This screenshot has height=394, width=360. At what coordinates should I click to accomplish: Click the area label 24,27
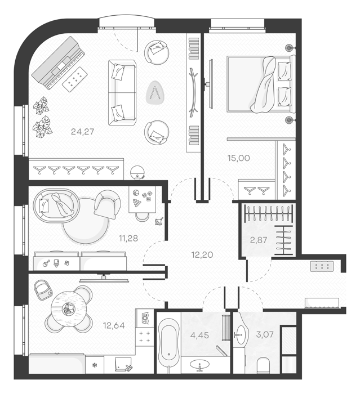click(82, 131)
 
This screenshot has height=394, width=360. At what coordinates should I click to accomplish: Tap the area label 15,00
click(238, 158)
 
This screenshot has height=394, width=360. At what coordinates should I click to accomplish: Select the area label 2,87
click(259, 240)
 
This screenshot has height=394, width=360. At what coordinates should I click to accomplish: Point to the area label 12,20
click(202, 255)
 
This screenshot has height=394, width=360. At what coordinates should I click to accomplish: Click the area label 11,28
click(128, 238)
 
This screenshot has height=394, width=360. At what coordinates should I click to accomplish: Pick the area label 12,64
click(114, 325)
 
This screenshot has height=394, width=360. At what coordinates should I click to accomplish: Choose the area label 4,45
click(199, 335)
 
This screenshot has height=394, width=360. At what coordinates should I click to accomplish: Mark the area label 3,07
click(265, 334)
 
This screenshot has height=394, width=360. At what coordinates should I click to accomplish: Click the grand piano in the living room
click(59, 63)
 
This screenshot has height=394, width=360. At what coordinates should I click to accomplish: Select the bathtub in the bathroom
click(168, 341)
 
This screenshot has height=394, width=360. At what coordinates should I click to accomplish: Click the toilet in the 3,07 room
click(263, 365)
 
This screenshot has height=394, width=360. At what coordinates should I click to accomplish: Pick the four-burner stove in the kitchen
click(145, 337)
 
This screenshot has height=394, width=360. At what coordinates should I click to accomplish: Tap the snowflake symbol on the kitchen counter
click(95, 365)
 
